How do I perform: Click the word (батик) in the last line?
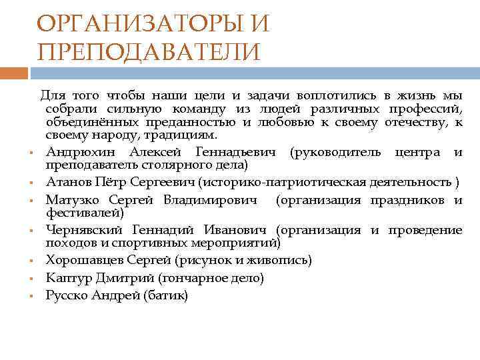166,295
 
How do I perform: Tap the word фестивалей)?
84,213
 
